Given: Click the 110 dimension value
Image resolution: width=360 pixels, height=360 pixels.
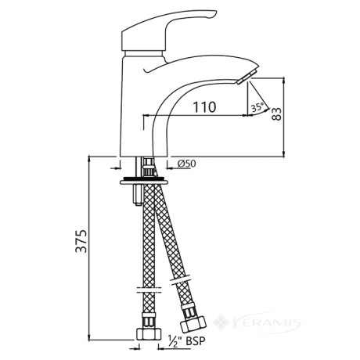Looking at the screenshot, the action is pos(204,107).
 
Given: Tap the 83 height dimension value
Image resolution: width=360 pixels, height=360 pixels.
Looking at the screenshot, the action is pos(277,114).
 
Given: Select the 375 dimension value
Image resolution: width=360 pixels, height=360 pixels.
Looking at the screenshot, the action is pos(81,241).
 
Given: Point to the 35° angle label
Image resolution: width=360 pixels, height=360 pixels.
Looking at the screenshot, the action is pos(257,107).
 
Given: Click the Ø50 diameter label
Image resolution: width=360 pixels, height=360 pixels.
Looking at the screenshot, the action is pos(186,164).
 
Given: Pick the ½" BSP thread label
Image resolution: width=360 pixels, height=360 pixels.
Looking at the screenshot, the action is pos(187,340).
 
